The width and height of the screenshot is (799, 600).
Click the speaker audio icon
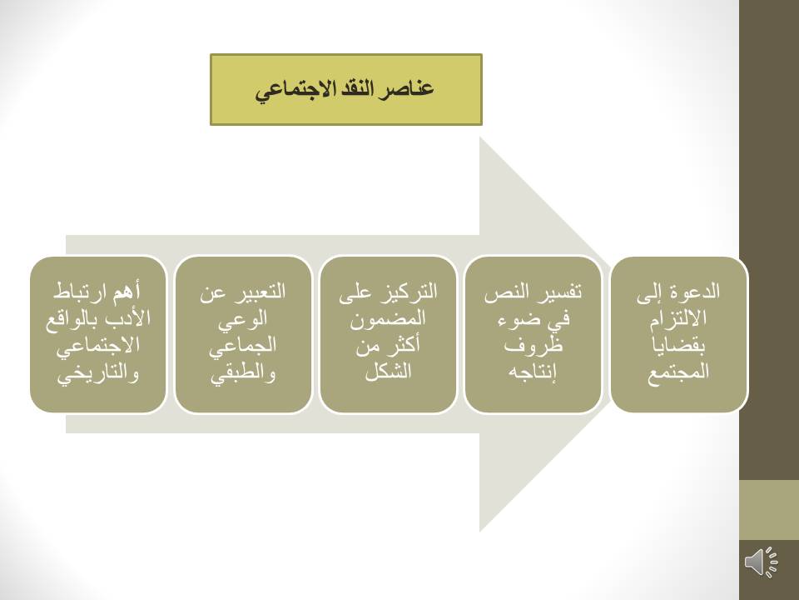tap(762, 562)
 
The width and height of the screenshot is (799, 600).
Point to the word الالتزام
tap(677, 318)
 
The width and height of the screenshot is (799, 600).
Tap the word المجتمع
tap(678, 371)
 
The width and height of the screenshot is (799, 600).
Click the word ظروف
tap(533, 345)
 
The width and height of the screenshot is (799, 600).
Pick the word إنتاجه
tap(533, 372)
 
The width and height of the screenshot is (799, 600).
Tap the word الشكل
tap(388, 371)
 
